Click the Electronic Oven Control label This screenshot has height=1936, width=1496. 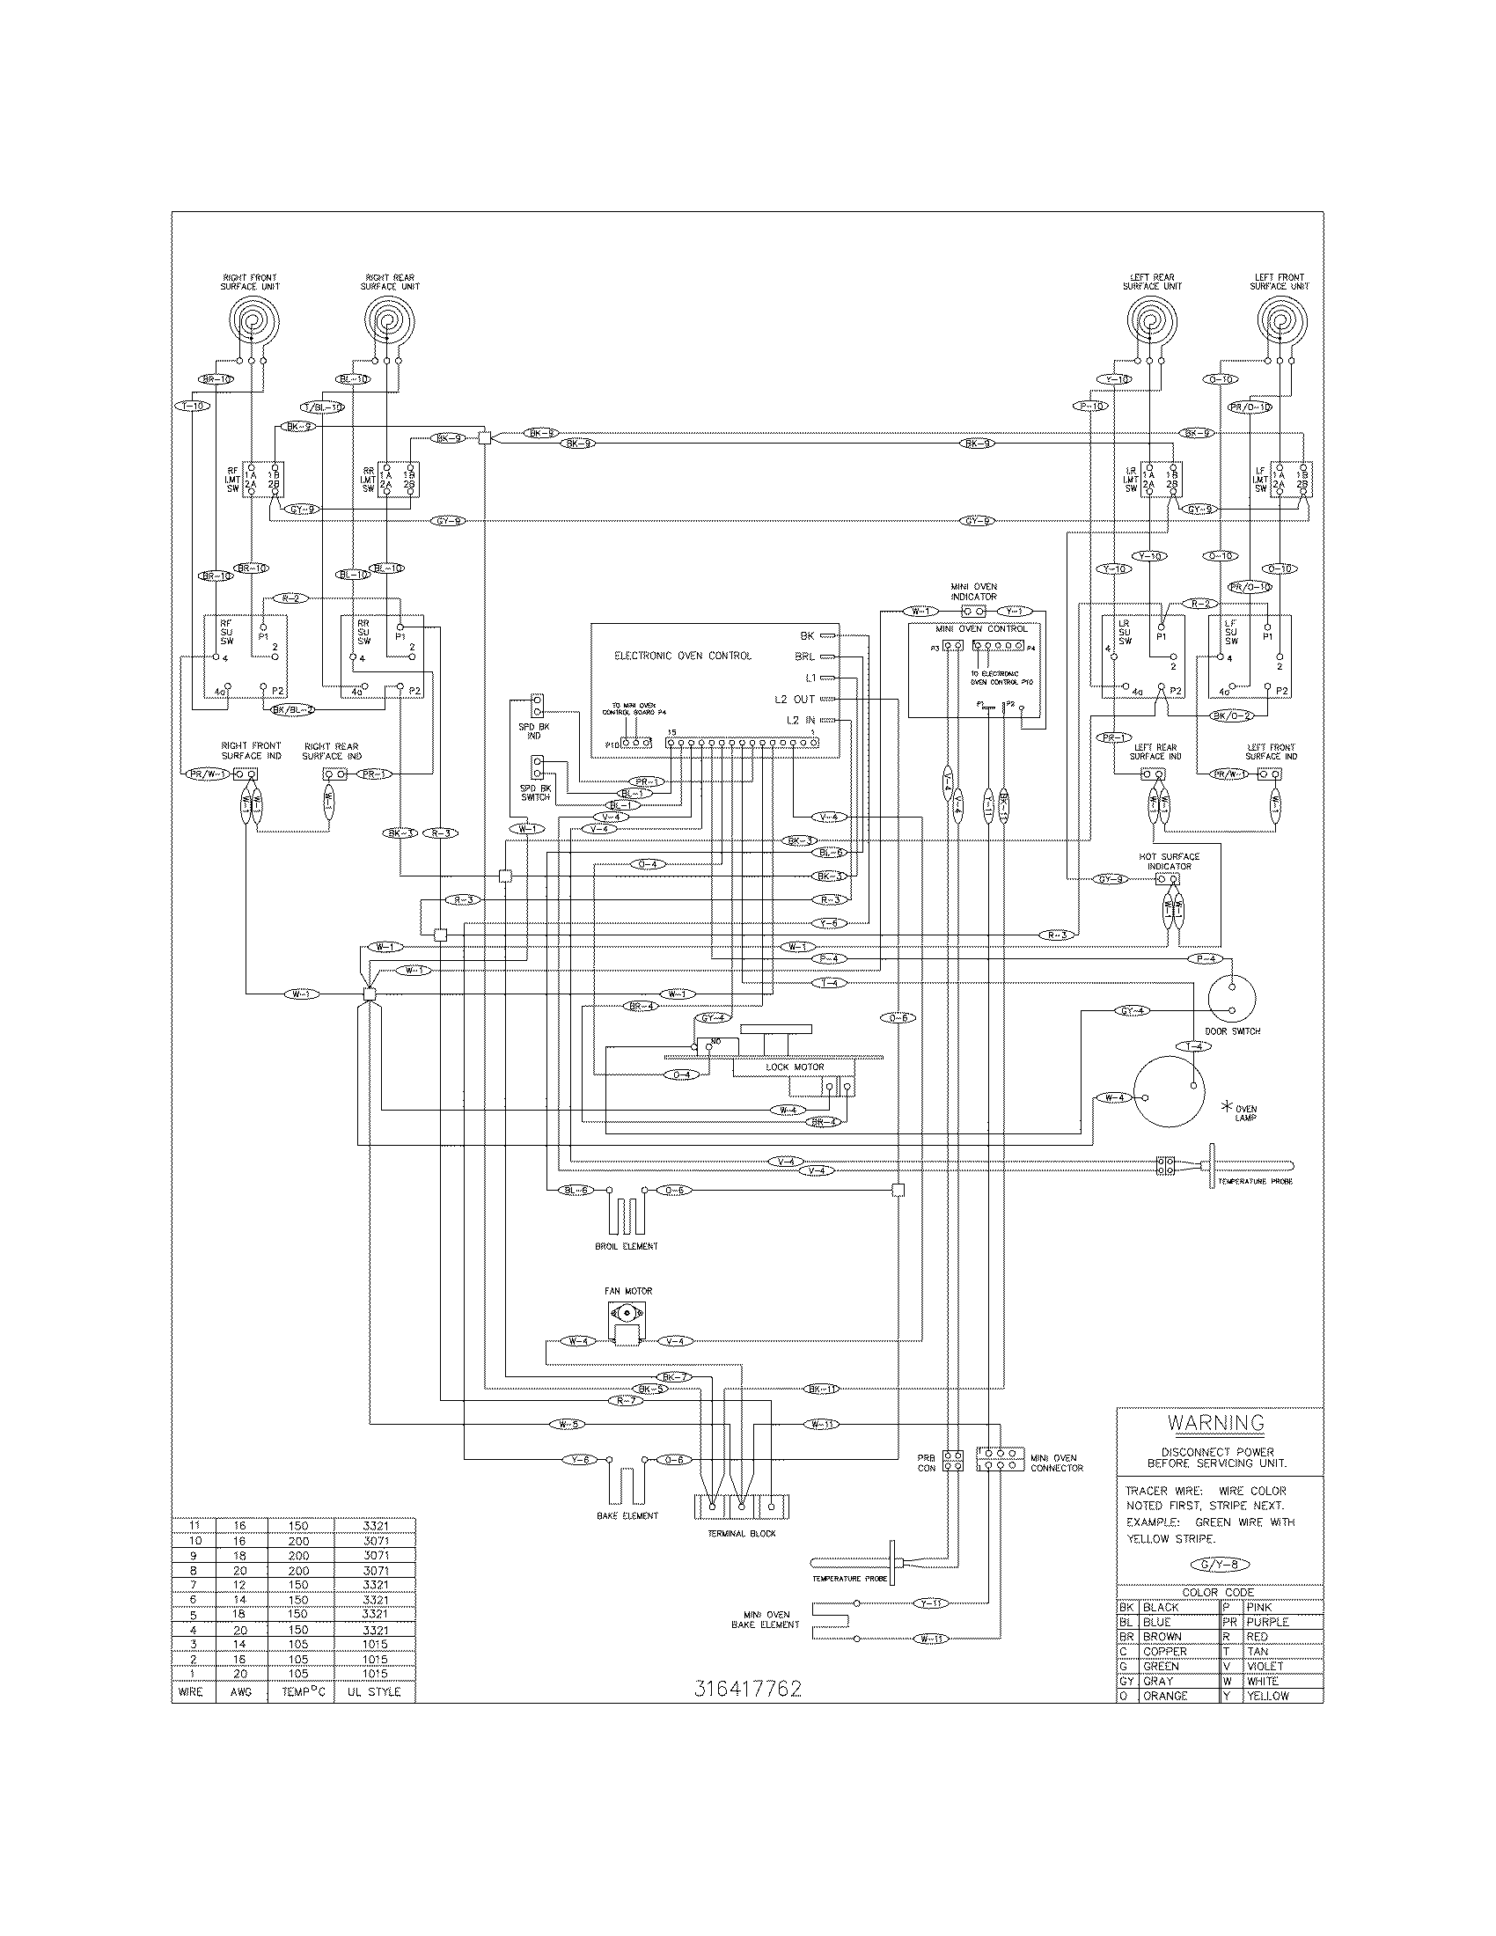(682, 656)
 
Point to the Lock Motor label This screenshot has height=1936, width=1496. (795, 1067)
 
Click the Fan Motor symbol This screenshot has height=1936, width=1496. (628, 1323)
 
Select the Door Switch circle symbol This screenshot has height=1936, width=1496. (1232, 999)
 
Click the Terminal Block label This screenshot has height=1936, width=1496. (742, 1534)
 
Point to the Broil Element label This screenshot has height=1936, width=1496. (627, 1246)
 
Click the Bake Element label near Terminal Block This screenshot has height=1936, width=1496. (627, 1516)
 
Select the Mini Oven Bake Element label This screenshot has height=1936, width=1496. (766, 1619)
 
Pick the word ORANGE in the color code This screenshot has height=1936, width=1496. (1164, 1696)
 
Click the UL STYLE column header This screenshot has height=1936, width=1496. (374, 1692)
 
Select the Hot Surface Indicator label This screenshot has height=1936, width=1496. (1169, 861)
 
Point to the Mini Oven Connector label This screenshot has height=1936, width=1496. (1056, 1463)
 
